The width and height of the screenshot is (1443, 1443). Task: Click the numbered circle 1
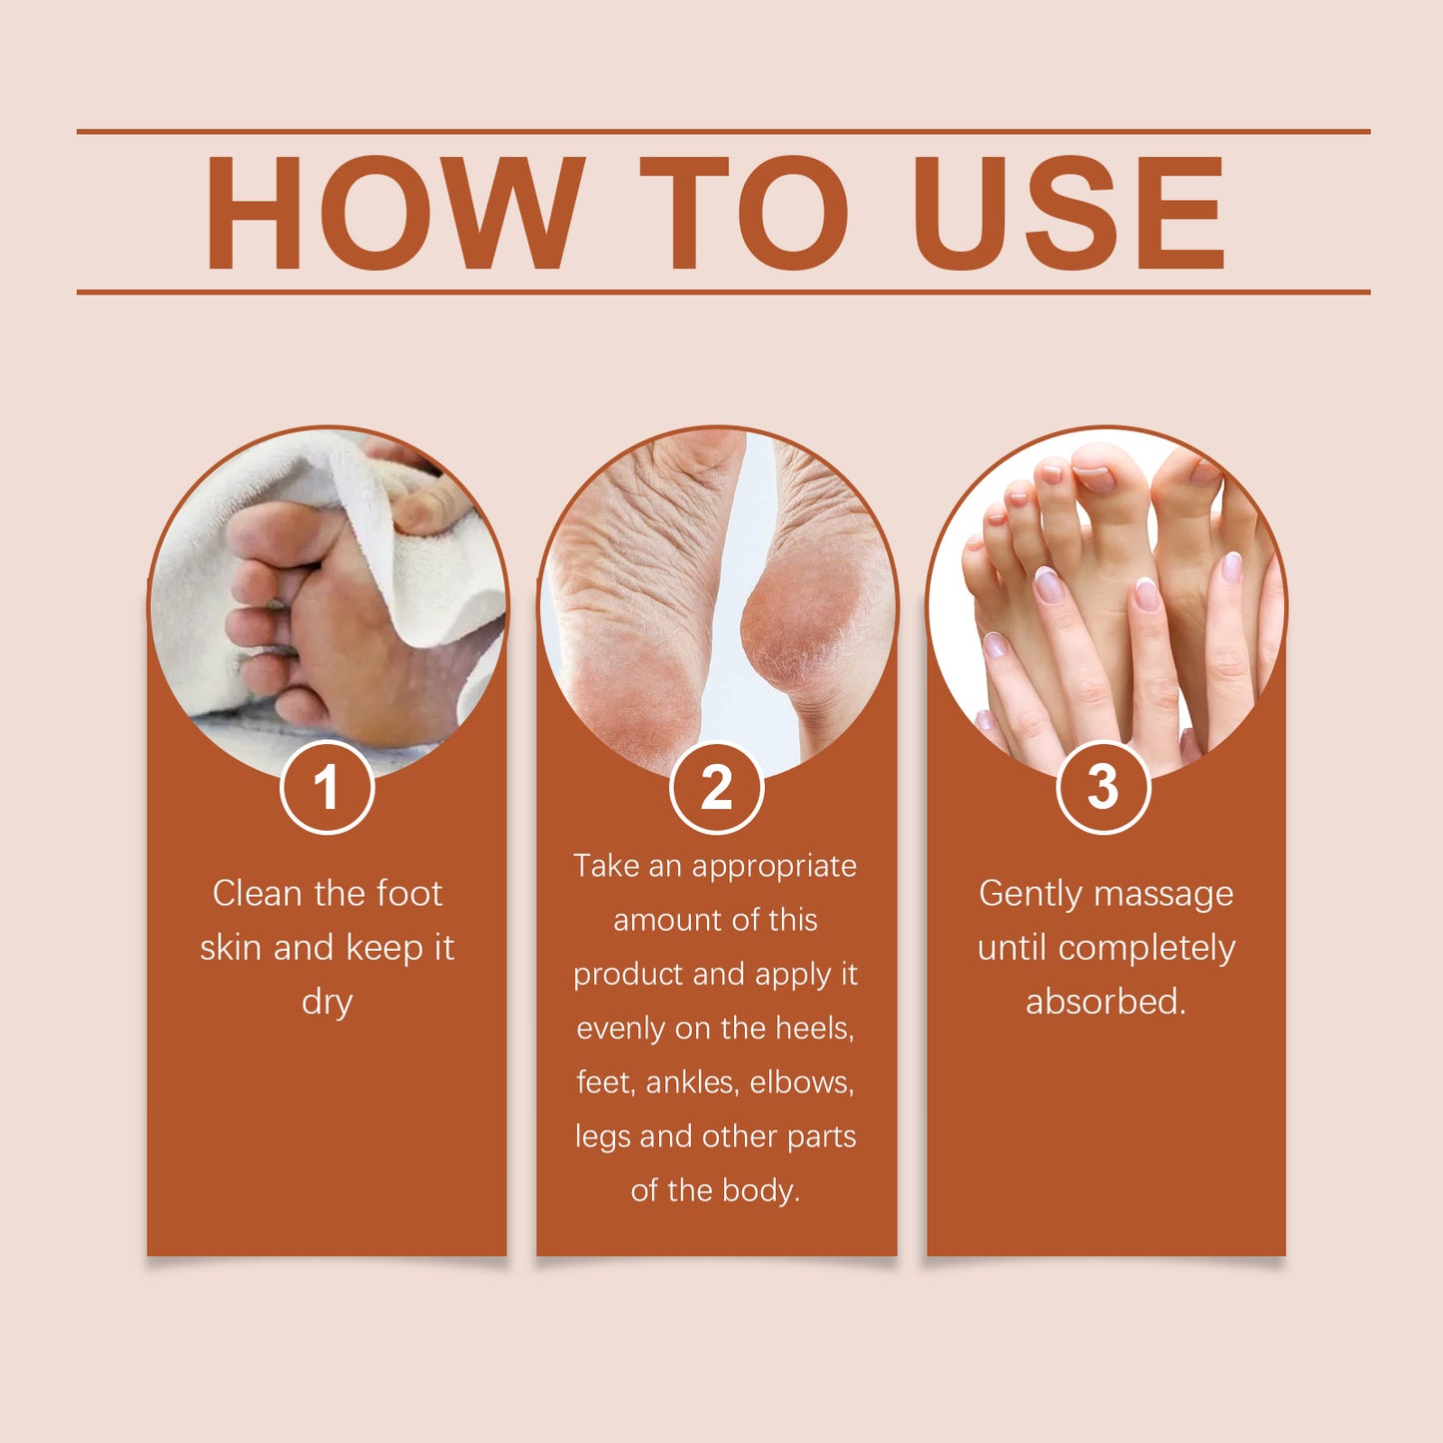click(x=327, y=787)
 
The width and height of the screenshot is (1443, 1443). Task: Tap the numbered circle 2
click(x=716, y=787)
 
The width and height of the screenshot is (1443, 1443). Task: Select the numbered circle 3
click(x=1102, y=787)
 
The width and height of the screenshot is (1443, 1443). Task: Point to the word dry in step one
click(x=327, y=1002)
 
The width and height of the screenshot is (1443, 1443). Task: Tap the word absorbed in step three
click(x=1104, y=1002)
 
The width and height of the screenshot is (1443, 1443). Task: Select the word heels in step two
click(x=814, y=1029)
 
